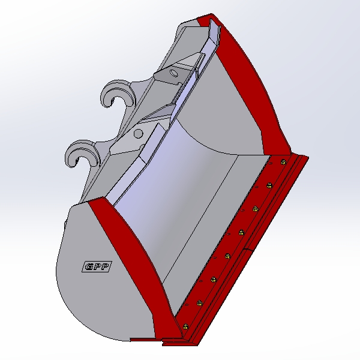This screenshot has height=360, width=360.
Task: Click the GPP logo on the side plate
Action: pyautogui.click(x=97, y=266)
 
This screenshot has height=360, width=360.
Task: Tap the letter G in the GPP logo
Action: pyautogui.click(x=89, y=267)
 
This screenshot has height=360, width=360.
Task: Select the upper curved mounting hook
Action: pyautogui.click(x=118, y=93)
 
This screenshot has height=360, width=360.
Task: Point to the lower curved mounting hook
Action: pyautogui.click(x=82, y=152)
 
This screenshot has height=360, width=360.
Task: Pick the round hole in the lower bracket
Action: pyautogui.click(x=138, y=134)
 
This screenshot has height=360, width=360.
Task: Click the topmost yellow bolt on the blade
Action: pyautogui.click(x=283, y=162)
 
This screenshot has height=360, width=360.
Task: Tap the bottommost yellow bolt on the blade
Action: pyautogui.click(x=185, y=326)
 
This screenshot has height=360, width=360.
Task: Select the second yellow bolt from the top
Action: pyautogui.click(x=269, y=185)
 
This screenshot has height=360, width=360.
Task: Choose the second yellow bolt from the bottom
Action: pyautogui.click(x=200, y=303)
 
